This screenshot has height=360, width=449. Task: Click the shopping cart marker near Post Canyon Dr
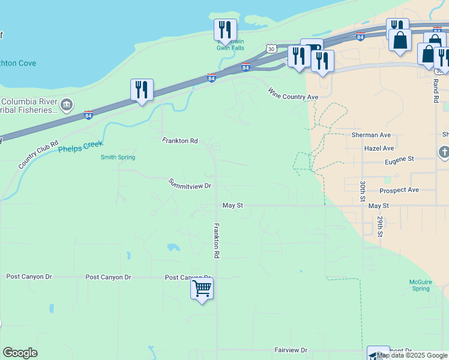pos(202,289)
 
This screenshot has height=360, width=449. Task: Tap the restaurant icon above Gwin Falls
pos(226,29)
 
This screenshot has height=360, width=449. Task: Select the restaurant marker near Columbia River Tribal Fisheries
pos(142,90)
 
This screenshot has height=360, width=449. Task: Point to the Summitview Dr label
pos(190,184)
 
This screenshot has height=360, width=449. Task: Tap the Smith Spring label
pos(118,157)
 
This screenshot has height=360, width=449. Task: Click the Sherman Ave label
pos(371,136)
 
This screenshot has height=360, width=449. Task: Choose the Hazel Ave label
pos(379,148)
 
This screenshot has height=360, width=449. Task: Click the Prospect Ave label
pos(399,190)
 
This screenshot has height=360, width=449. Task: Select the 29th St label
pos(380,226)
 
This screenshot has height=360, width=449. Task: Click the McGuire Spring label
pos(421,284)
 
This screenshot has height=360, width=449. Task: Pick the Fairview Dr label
pos(291,350)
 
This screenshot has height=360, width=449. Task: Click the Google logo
pos(20,353)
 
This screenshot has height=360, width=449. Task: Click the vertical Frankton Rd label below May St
pos(216,241)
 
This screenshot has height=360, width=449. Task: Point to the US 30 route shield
pos(272,48)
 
